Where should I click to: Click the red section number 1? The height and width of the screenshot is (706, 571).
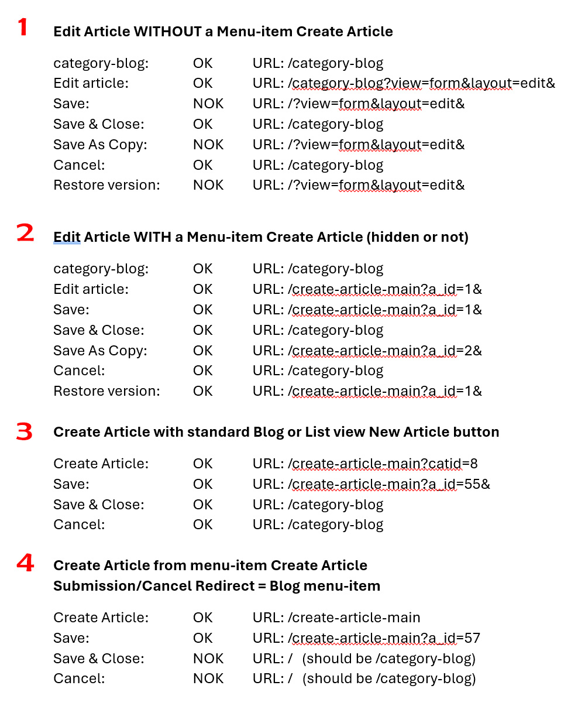pyautogui.click(x=22, y=27)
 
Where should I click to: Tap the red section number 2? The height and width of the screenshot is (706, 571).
pyautogui.click(x=25, y=233)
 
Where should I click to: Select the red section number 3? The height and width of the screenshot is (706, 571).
pyautogui.click(x=25, y=432)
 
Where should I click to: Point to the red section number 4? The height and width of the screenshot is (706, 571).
pyautogui.click(x=25, y=564)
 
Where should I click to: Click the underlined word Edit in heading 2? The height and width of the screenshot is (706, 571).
pyautogui.click(x=67, y=237)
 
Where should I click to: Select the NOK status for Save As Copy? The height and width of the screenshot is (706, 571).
pyautogui.click(x=208, y=145)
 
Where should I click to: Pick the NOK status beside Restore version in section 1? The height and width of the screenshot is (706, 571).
pyautogui.click(x=208, y=185)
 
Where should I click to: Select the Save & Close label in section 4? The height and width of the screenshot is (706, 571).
pyautogui.click(x=98, y=659)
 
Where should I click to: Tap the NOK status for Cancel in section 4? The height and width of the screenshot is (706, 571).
pyautogui.click(x=208, y=678)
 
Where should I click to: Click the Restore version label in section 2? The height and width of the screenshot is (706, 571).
pyautogui.click(x=106, y=391)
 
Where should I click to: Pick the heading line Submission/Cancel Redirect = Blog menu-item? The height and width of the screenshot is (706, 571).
pyautogui.click(x=216, y=585)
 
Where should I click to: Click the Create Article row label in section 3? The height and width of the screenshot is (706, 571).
pyautogui.click(x=101, y=464)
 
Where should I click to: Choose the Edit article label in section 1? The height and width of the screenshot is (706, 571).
pyautogui.click(x=91, y=84)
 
